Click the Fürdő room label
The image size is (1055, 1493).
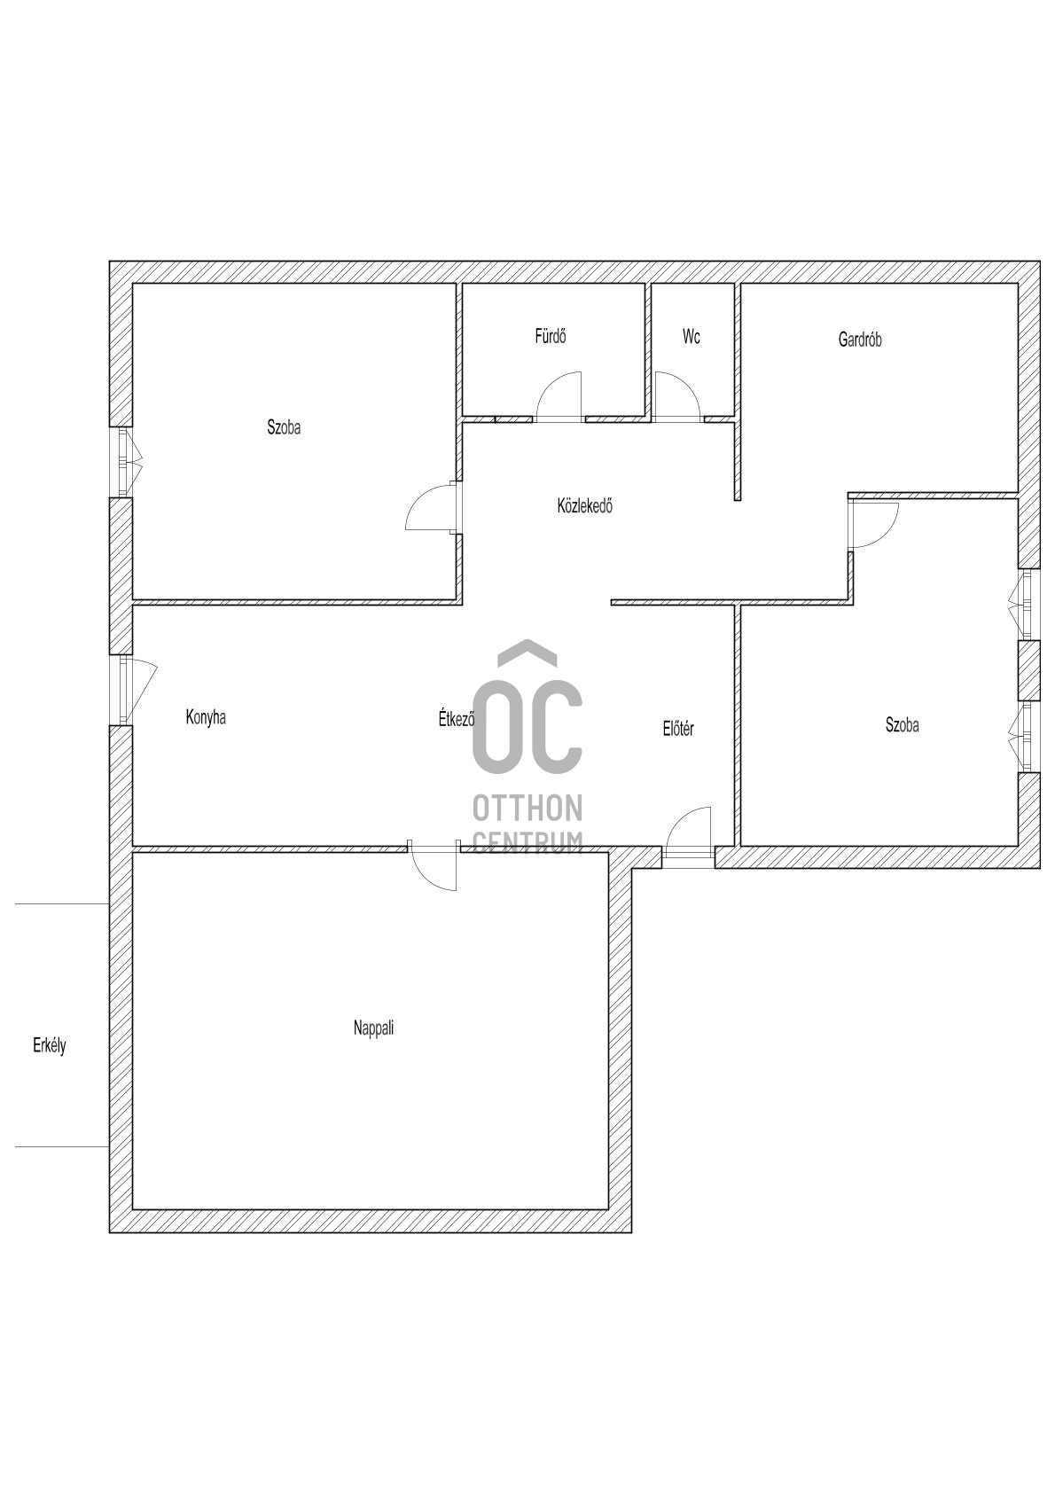[550, 337]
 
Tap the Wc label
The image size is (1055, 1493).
[692, 337]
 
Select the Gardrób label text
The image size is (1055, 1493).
[859, 340]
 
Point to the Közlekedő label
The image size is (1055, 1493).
[584, 507]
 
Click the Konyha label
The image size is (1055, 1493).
[206, 717]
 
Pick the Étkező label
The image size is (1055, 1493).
[457, 719]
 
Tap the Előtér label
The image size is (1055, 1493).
[678, 730]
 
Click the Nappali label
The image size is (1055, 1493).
[373, 1028]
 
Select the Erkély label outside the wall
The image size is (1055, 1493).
[50, 1046]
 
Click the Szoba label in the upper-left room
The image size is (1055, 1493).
[284, 427]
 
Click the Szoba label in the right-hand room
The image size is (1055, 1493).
[902, 725]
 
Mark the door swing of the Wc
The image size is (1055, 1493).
[676, 395]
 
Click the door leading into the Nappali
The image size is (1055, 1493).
[434, 866]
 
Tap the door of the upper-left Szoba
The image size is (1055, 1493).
[431, 508]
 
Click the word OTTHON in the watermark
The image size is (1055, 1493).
[527, 808]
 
